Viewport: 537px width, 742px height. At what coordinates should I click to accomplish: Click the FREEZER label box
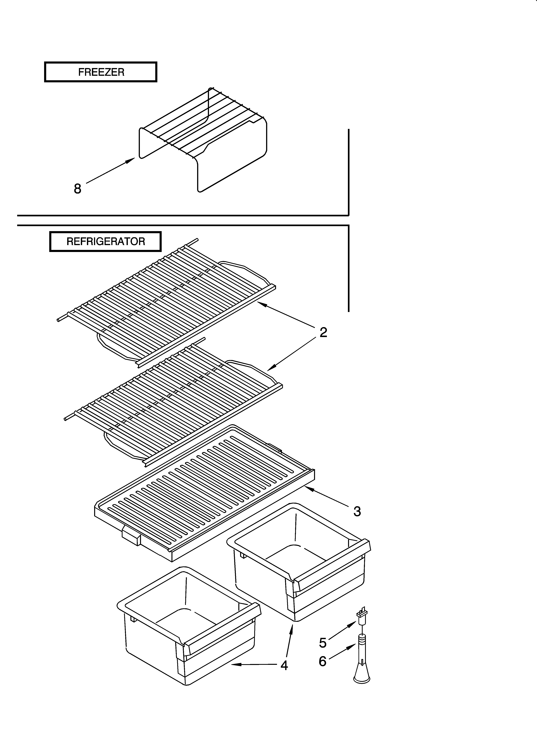101,72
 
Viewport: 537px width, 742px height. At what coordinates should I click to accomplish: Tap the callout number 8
77,189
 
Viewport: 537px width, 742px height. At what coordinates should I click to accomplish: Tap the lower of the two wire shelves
173,402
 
